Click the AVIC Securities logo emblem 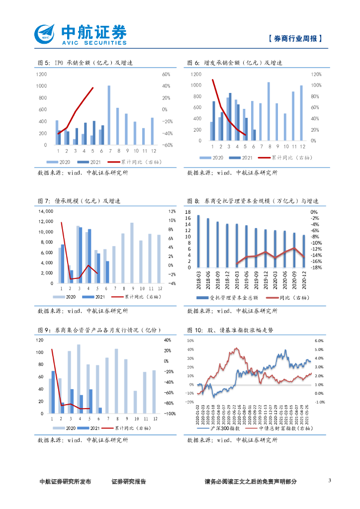point(45,34)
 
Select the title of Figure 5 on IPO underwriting point(85,63)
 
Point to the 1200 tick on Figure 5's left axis point(41,75)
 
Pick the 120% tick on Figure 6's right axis point(316,75)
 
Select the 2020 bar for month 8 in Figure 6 point(269,111)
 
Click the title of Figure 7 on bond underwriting point(79,201)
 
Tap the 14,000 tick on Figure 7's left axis point(45,211)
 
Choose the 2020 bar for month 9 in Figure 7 point(132,253)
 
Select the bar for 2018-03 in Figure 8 point(198,241)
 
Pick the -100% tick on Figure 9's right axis point(170,414)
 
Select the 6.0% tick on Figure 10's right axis point(319,341)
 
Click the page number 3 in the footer point(330,481)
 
